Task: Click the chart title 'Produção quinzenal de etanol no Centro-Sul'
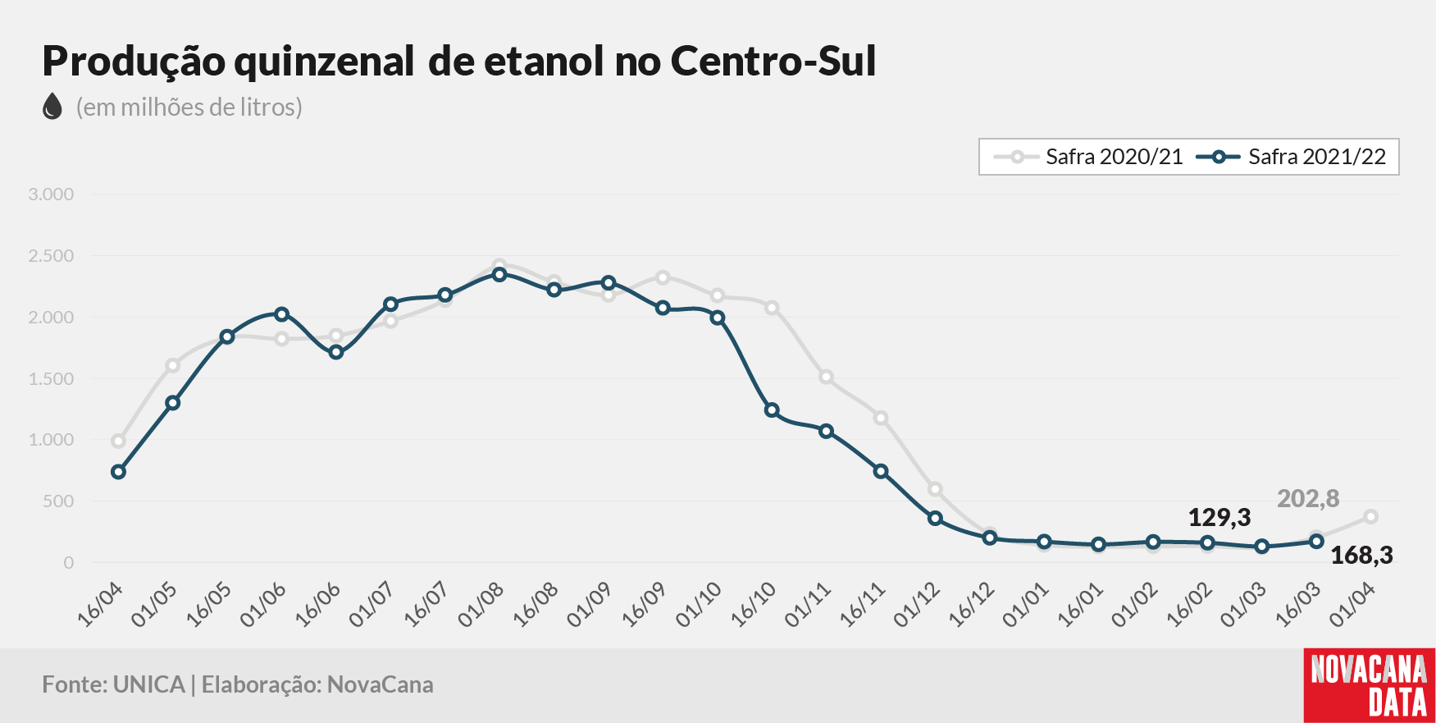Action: (459, 62)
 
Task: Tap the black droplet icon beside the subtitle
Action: (52, 107)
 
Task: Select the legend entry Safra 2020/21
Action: (1088, 157)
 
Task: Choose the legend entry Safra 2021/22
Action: (1292, 157)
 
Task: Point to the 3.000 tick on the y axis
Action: (51, 194)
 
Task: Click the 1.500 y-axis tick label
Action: (51, 378)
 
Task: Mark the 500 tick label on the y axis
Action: (57, 501)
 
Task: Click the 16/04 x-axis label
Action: (101, 606)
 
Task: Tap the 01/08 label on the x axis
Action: (481, 606)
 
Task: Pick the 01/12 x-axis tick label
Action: (918, 606)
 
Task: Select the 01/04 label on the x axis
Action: (1353, 606)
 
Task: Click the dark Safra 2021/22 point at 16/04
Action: (118, 472)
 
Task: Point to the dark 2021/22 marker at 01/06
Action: (281, 314)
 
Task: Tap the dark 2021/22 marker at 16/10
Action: (772, 410)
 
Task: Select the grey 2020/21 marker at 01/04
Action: (1371, 517)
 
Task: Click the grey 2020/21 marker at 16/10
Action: (772, 308)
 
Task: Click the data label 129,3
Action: (1219, 518)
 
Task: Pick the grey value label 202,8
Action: (1308, 499)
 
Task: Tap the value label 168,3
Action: (1361, 556)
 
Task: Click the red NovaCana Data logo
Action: (1370, 686)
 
